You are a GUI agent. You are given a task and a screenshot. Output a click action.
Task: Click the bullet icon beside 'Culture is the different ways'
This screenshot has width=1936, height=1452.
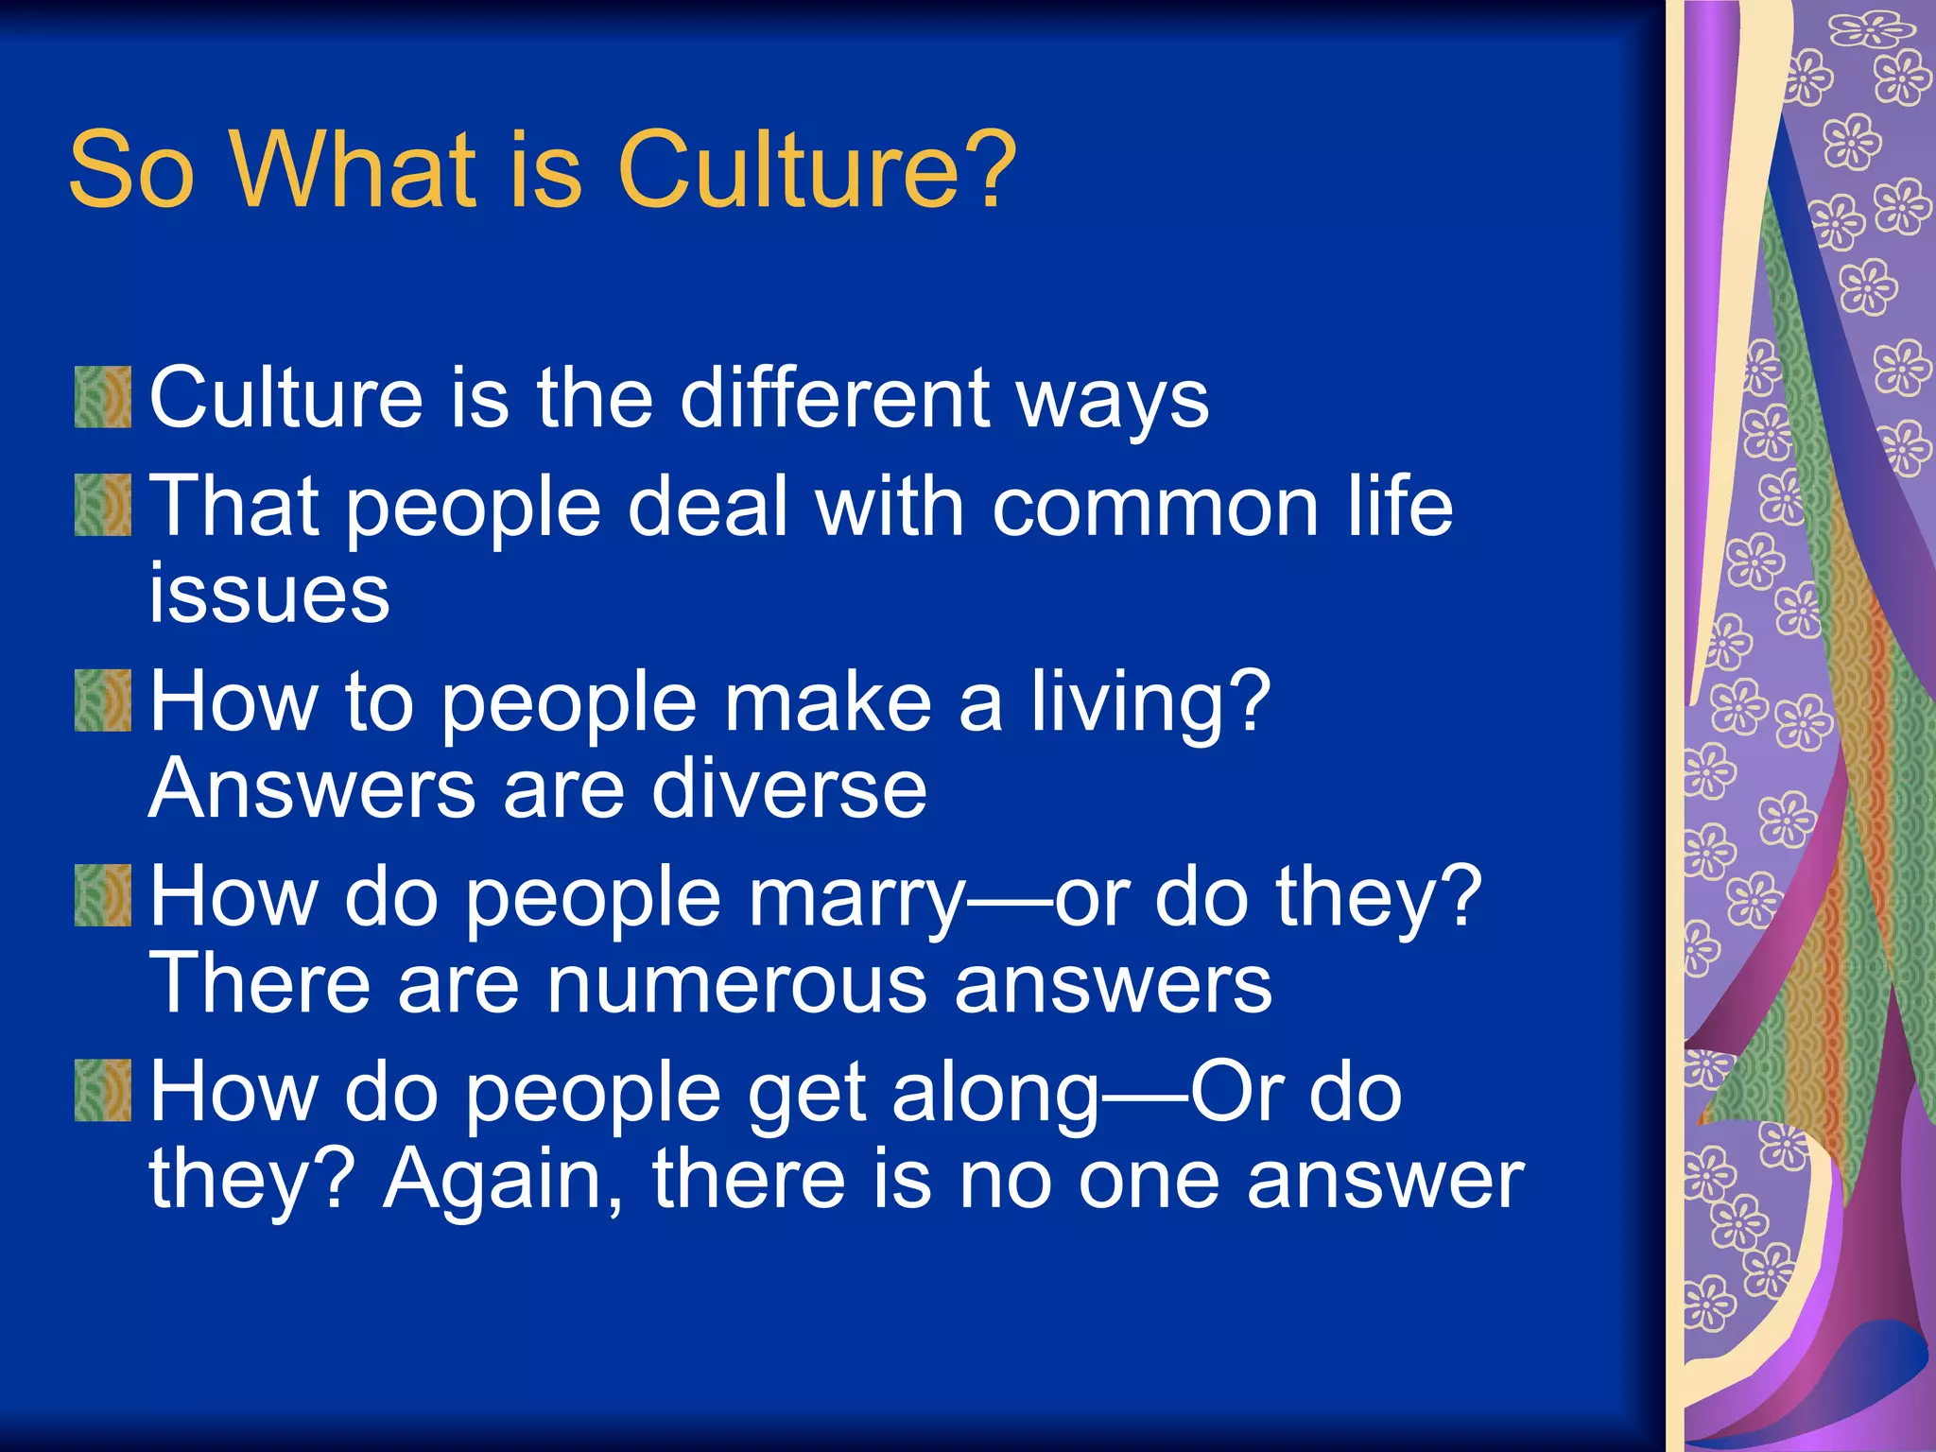click(103, 397)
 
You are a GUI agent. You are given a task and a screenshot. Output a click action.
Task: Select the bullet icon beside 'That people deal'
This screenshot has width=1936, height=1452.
click(103, 506)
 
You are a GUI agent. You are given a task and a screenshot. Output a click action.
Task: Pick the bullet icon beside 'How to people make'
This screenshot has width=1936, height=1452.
click(103, 700)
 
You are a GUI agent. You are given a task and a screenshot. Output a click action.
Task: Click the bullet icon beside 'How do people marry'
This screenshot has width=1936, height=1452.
click(103, 895)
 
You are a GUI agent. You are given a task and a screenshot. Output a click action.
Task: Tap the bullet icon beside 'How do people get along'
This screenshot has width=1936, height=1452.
click(103, 1090)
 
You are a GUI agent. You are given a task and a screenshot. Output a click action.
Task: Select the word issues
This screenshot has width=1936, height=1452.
click(269, 595)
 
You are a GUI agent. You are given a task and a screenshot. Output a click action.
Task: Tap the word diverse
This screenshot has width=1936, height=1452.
click(789, 789)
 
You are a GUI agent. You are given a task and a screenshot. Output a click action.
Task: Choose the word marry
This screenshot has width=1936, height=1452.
click(856, 899)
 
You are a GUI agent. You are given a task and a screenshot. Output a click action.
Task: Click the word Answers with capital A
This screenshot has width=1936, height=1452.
click(313, 789)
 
